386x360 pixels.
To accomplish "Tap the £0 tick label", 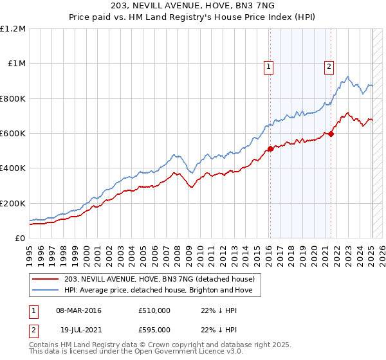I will click(19, 238).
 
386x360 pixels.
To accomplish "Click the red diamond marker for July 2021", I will click(331, 134).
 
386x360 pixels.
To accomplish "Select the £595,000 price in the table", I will click(154, 328).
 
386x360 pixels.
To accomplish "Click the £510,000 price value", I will click(154, 310).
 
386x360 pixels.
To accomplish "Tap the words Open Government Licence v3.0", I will click(181, 352).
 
